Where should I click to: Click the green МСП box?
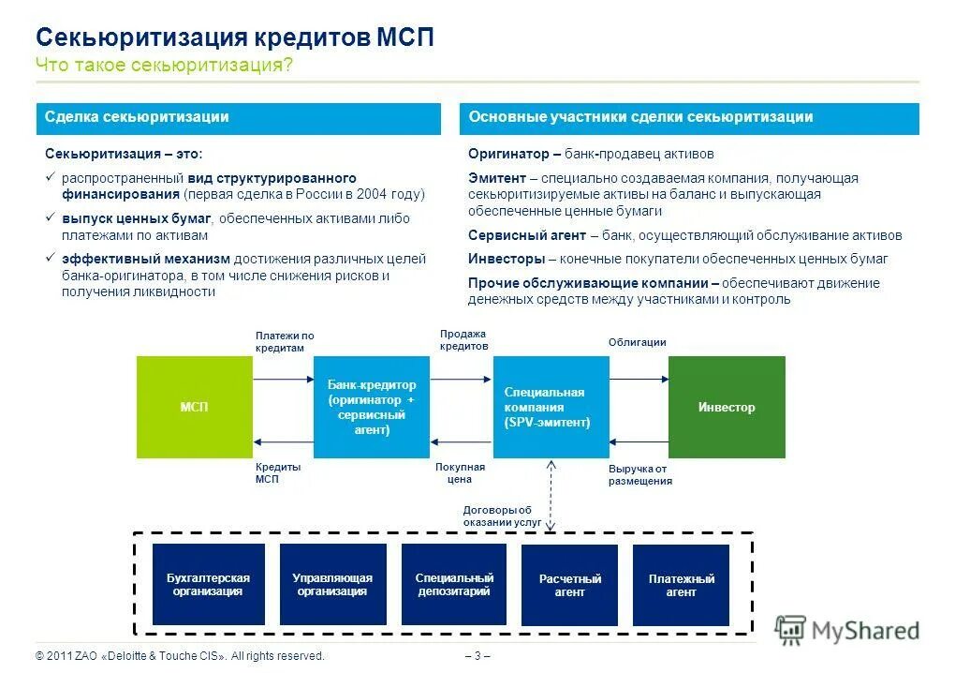point(194,407)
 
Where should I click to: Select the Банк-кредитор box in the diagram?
point(372,407)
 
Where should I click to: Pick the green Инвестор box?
point(727,407)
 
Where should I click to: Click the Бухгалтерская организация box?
point(209,585)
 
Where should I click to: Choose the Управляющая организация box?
point(332,585)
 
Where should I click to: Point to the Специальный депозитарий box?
point(454,585)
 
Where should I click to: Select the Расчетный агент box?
point(569,586)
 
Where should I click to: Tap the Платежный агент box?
point(682,586)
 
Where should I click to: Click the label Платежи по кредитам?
point(284,341)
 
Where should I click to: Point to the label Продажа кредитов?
point(463,339)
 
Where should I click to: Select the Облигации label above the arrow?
point(637,342)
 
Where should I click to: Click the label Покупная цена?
point(460,472)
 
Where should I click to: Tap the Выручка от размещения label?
point(639,474)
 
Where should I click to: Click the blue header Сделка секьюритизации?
point(238,118)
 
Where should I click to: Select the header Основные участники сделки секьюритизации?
point(689,118)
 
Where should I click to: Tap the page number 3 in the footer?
point(477,655)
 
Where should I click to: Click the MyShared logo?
point(848,630)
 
